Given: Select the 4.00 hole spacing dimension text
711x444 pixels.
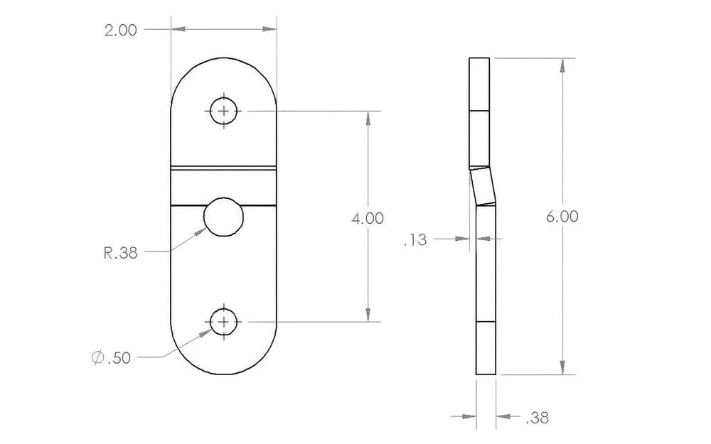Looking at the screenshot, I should click(x=368, y=217).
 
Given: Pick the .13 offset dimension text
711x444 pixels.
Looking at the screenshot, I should click(x=414, y=240).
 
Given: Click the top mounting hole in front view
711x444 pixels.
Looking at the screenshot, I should click(x=224, y=111).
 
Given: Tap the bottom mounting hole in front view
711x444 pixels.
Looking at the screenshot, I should click(x=224, y=323).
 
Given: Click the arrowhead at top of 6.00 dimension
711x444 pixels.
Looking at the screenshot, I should click(x=562, y=65).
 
